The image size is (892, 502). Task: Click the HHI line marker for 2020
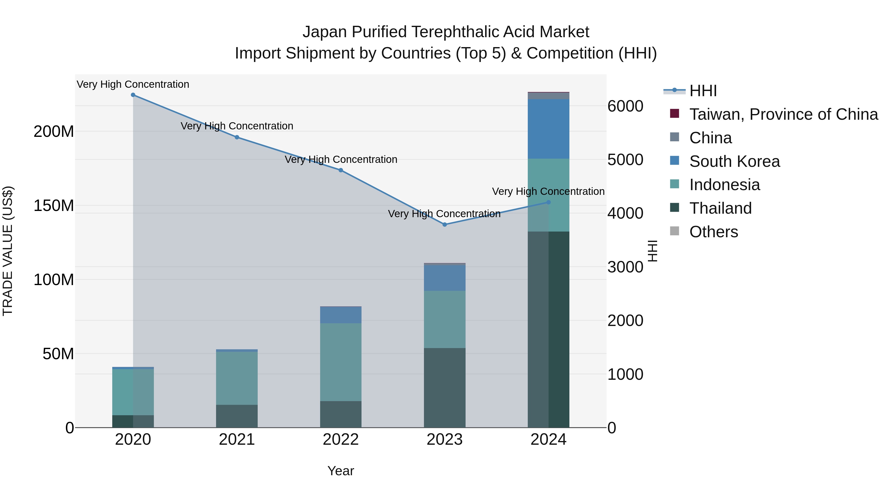click(x=133, y=95)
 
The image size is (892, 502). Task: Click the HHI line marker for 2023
click(x=445, y=225)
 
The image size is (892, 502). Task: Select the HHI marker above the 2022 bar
click(x=341, y=170)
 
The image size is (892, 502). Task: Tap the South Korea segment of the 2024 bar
click(x=549, y=129)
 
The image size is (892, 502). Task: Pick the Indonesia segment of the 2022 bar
click(x=341, y=362)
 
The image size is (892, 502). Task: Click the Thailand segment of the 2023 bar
click(x=445, y=388)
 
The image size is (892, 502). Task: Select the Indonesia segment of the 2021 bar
click(x=237, y=378)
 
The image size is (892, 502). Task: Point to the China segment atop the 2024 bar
click(x=549, y=96)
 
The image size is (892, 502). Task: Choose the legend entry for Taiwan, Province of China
click(x=783, y=114)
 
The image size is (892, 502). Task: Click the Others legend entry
click(x=713, y=232)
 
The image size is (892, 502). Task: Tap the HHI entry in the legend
click(x=703, y=91)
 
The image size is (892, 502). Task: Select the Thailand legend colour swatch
click(x=674, y=208)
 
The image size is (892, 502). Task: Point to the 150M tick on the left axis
click(x=54, y=206)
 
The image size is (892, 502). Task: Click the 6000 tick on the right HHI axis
click(x=625, y=106)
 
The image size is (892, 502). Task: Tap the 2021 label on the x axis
click(x=237, y=440)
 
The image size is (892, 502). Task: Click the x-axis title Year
click(x=341, y=471)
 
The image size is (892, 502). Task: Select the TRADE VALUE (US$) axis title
click(x=8, y=251)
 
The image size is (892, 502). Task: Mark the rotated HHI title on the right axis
click(x=652, y=251)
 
